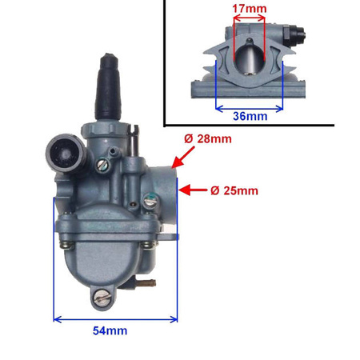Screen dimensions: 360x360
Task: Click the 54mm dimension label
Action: coord(110,330)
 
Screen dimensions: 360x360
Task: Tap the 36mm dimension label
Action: coord(250,116)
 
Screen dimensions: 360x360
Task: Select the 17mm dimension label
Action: coord(250,9)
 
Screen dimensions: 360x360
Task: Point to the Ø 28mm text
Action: coord(208,139)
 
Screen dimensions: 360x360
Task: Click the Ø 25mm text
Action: coord(234,190)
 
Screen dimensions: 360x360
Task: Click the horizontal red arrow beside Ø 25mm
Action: coord(193,190)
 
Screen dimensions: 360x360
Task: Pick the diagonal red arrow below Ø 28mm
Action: coord(183,158)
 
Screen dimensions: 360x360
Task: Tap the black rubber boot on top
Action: coord(108,87)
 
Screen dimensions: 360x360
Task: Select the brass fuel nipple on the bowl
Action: coord(146,282)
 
